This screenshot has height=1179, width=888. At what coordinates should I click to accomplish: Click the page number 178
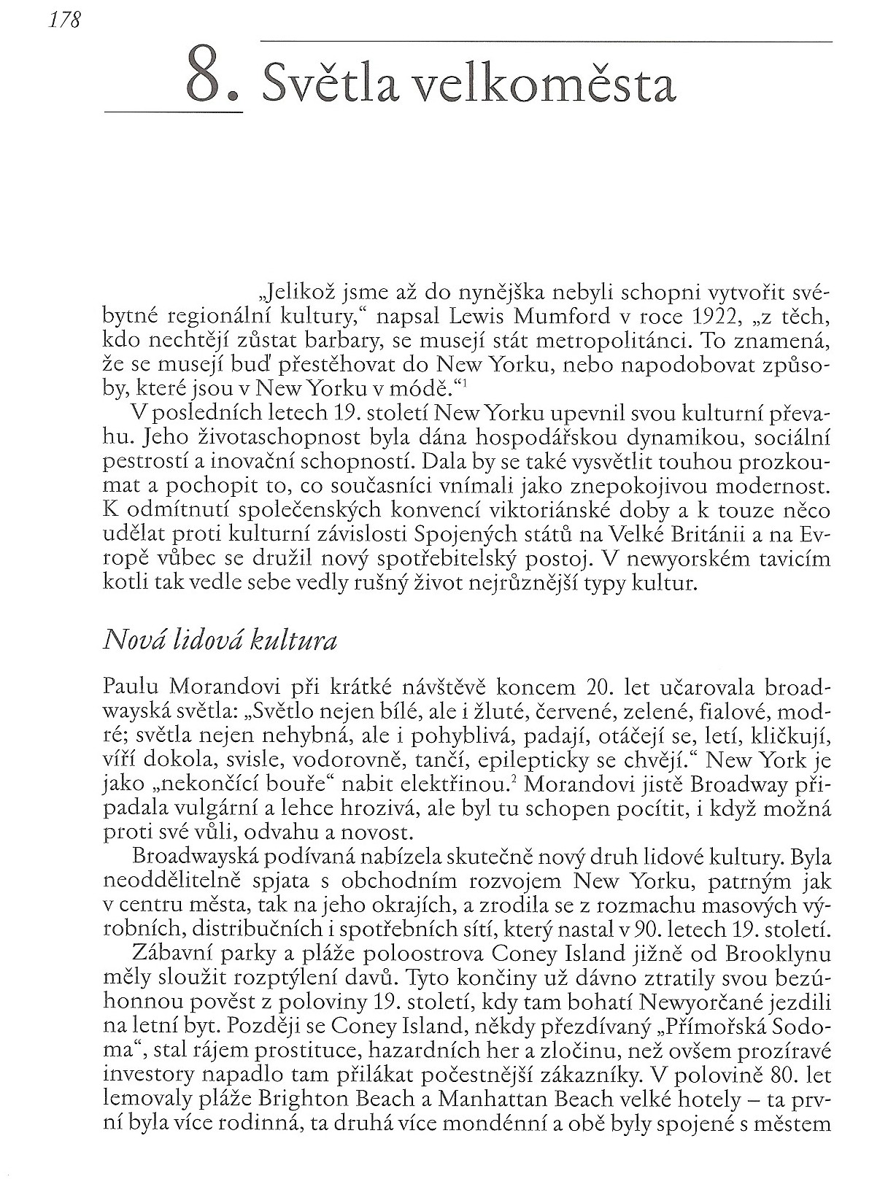63,21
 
